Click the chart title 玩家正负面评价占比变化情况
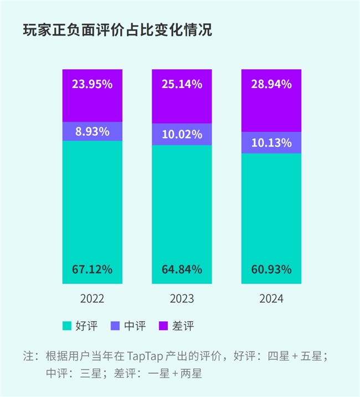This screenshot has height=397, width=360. [117, 30]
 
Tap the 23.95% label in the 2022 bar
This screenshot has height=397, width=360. [92, 84]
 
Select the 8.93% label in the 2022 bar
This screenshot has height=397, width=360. [92, 132]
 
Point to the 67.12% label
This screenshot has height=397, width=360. [92, 270]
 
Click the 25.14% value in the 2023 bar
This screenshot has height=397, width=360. [182, 84]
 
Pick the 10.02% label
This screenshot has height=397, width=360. [182, 135]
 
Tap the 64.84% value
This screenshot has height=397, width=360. [182, 270]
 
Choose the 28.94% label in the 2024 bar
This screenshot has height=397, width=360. [271, 84]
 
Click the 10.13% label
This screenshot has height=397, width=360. [271, 143]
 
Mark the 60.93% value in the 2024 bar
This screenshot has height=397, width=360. [271, 270]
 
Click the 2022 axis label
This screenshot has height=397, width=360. [92, 299]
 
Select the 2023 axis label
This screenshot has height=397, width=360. [182, 299]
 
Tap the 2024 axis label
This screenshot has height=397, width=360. [271, 299]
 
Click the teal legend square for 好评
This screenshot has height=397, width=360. [67, 326]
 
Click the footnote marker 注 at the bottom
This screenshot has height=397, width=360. [28, 355]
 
